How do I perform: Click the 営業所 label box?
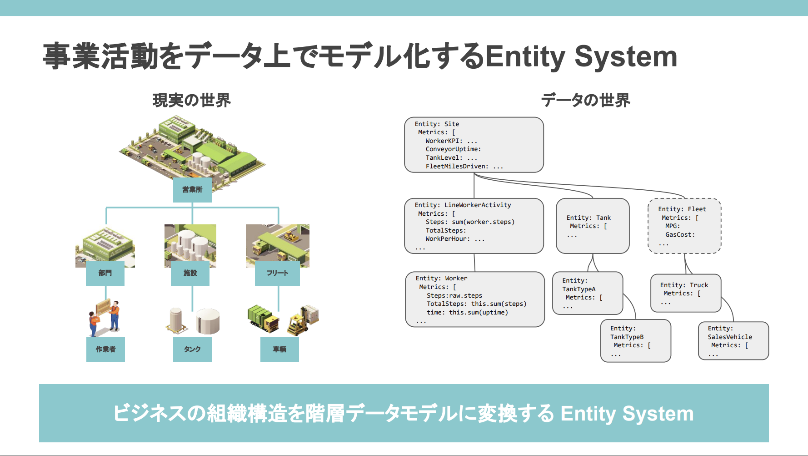tap(192, 190)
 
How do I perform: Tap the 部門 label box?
tap(105, 273)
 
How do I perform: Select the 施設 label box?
tap(190, 273)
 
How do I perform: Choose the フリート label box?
tap(277, 273)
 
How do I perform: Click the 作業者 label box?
tap(105, 350)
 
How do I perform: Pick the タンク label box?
tap(192, 350)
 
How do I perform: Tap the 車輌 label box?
tap(279, 350)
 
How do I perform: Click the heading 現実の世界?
tap(192, 100)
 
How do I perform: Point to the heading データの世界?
tap(585, 100)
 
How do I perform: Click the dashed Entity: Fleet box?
tap(684, 226)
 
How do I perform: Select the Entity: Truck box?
tap(686, 293)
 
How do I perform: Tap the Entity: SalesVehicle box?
tap(733, 341)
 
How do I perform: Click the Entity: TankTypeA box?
tap(588, 293)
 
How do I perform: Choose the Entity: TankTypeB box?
tap(636, 341)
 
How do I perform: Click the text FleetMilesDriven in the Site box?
tap(457, 167)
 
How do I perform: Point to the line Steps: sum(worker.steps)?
tap(470, 222)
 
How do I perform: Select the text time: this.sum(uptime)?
tap(467, 313)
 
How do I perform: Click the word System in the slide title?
tap(626, 56)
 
